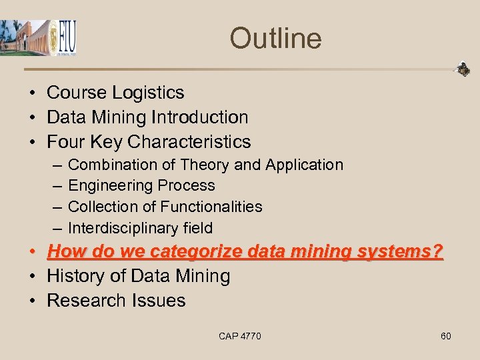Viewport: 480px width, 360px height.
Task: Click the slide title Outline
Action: (275, 38)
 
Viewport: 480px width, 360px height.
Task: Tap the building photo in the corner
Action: (24, 38)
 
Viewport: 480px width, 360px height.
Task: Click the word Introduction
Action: (199, 117)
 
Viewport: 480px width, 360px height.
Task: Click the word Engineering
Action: (111, 186)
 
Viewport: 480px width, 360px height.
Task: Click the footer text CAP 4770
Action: (239, 336)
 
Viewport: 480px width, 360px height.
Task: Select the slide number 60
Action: (446, 336)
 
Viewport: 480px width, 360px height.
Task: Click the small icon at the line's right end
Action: (462, 69)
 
